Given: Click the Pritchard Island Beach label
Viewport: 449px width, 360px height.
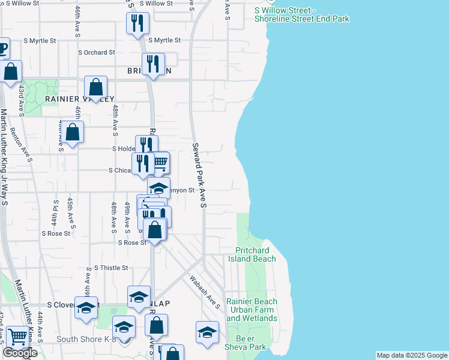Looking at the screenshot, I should click(x=252, y=254).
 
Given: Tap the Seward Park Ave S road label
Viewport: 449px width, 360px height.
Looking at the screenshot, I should click(x=199, y=176).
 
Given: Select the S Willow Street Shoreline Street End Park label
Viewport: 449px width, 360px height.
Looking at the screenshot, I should click(x=301, y=15).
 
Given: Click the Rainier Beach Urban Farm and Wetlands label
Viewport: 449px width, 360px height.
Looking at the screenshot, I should click(x=252, y=310).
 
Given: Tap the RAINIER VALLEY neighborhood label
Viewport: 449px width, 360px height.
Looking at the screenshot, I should click(x=79, y=99).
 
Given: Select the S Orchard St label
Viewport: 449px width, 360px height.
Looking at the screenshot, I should click(x=97, y=53).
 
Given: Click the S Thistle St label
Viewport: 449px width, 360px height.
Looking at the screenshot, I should click(x=111, y=268).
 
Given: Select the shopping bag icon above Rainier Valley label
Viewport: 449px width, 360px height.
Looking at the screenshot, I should click(x=95, y=87).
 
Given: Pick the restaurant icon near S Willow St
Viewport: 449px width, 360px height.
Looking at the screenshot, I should click(x=137, y=23).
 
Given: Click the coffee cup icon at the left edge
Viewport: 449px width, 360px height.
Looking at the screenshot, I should click(x=2, y=48).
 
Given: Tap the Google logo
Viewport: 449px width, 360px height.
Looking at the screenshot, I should click(x=20, y=353).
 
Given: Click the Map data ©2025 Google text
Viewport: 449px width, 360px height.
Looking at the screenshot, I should click(x=411, y=355).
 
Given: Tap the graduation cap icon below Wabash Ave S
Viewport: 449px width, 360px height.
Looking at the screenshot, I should click(x=207, y=332).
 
